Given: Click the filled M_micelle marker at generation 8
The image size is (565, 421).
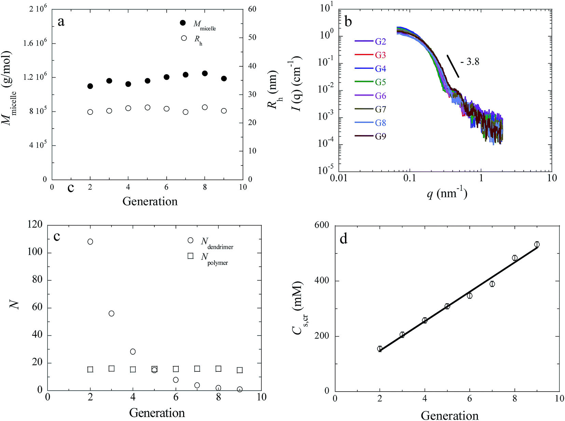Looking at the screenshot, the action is (205, 73).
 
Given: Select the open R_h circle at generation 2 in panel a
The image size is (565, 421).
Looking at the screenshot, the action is (90, 112).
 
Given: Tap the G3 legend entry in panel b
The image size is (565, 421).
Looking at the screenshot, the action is (370, 55).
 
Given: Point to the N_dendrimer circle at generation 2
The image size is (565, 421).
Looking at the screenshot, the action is (90, 242).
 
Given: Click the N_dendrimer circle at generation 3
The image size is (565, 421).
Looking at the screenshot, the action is (111, 313).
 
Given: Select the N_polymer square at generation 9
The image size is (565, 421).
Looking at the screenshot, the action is (240, 370).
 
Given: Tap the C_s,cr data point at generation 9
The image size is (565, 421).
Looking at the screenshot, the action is (537, 245).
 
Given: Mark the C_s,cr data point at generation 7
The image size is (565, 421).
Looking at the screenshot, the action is (492, 284).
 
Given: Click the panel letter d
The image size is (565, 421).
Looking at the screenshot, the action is (344, 239).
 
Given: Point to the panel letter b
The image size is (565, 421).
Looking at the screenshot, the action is (348, 22).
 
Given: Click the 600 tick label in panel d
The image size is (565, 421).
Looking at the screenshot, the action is (322, 225).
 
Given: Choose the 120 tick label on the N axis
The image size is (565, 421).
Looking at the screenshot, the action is (35, 225).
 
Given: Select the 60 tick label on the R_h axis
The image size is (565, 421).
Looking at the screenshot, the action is (252, 9).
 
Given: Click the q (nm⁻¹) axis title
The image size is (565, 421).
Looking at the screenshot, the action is (447, 194).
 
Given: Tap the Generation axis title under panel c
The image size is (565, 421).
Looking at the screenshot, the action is (157, 412).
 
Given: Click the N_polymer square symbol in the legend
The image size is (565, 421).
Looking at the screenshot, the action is (190, 256).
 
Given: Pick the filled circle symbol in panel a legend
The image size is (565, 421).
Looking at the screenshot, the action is (183, 23).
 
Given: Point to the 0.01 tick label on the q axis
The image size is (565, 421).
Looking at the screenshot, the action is (338, 178).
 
